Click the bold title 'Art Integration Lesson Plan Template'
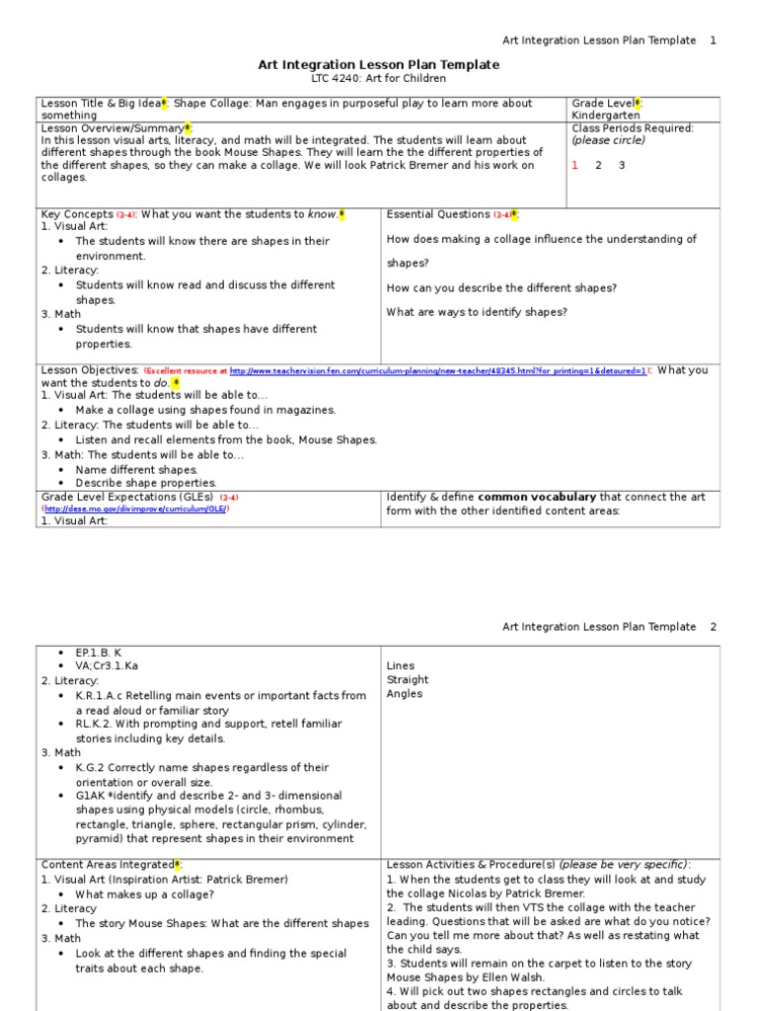379,64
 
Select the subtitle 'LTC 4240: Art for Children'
379,78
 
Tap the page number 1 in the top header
714,40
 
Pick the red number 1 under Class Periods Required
574,165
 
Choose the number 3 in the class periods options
622,165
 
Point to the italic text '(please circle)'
608,140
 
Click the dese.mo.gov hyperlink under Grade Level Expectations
135,508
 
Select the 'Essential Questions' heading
438,214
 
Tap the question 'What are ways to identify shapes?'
477,312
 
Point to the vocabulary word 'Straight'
408,679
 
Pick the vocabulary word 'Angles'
405,693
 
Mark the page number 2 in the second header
714,627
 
